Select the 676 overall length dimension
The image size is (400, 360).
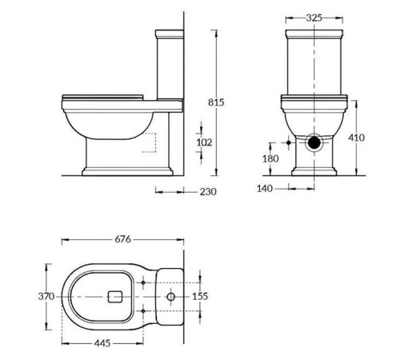(122, 238)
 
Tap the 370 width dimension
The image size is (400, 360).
(46, 297)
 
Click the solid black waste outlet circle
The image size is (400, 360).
(318, 145)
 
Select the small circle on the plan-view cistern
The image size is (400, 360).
(171, 297)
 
